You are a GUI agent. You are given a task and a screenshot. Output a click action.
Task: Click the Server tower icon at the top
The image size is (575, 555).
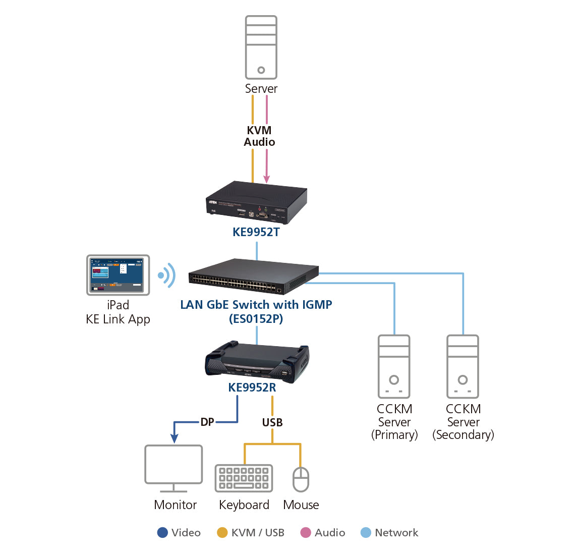pyautogui.click(x=261, y=47)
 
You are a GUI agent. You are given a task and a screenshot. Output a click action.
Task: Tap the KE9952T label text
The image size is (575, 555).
pyautogui.click(x=256, y=232)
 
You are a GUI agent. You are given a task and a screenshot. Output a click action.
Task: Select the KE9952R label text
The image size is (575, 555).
pyautogui.click(x=252, y=387)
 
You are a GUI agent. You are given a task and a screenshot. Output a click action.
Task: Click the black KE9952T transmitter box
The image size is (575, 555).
pyautogui.click(x=256, y=202)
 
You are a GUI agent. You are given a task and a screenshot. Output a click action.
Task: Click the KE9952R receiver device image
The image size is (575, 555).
pyautogui.click(x=257, y=360)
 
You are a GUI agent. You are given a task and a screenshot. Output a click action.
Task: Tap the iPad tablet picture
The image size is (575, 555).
pyautogui.click(x=118, y=275)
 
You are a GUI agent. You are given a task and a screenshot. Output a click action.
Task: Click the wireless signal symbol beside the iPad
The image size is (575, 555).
pyautogui.click(x=166, y=275)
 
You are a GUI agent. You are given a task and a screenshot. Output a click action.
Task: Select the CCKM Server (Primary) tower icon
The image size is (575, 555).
pyautogui.click(x=394, y=367)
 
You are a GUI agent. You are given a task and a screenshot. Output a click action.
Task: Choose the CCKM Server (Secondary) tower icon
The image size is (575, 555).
pyautogui.click(x=463, y=367)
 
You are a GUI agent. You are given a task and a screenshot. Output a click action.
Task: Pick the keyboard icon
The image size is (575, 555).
pyautogui.click(x=244, y=478)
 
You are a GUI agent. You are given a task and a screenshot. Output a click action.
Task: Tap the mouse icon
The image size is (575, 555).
pyautogui.click(x=301, y=479)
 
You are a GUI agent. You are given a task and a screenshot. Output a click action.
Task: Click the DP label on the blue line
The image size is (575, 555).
pyautogui.click(x=207, y=422)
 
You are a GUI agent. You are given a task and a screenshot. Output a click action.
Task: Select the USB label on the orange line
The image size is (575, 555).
pyautogui.click(x=272, y=422)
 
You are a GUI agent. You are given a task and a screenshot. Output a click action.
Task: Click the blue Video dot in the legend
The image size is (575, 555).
pyautogui.click(x=162, y=533)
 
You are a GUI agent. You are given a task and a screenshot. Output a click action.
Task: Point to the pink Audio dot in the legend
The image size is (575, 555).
pyautogui.click(x=306, y=533)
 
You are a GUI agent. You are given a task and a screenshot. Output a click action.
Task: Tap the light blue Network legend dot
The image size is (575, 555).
pyautogui.click(x=366, y=533)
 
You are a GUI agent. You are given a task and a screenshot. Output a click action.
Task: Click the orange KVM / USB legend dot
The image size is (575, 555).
pyautogui.click(x=222, y=533)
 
